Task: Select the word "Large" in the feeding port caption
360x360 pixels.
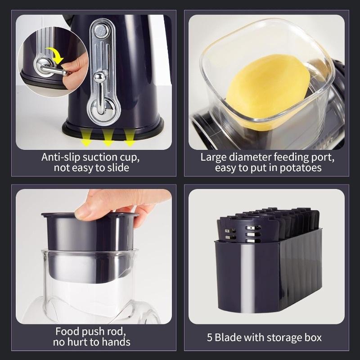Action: [213, 157]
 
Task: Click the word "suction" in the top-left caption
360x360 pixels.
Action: [100, 157]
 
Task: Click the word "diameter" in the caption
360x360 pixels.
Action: [247, 157]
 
